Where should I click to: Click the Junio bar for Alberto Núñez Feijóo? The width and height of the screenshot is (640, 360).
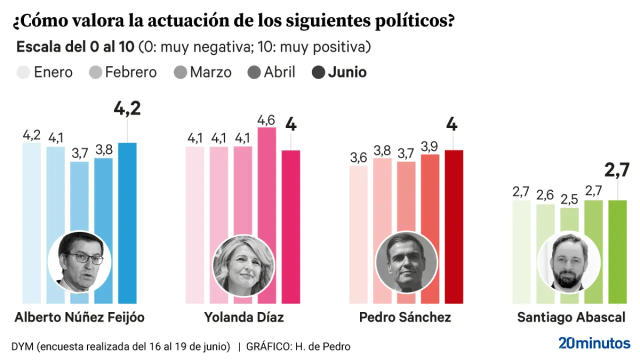(x=127, y=200)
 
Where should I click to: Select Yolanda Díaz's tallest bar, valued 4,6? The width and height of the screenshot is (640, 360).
(x=266, y=190)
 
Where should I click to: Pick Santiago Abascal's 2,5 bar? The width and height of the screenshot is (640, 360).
(x=569, y=220)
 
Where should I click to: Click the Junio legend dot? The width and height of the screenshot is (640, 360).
(x=318, y=72)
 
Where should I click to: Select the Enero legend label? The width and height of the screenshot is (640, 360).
(x=53, y=72)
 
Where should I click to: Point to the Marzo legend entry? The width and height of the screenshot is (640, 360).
(x=210, y=72)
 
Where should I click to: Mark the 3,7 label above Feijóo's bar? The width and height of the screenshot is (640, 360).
(x=79, y=153)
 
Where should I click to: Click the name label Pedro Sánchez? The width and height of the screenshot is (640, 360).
(x=405, y=317)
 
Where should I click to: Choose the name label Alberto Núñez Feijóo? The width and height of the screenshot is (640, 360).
(x=79, y=317)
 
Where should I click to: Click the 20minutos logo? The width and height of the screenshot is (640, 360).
(x=594, y=343)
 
